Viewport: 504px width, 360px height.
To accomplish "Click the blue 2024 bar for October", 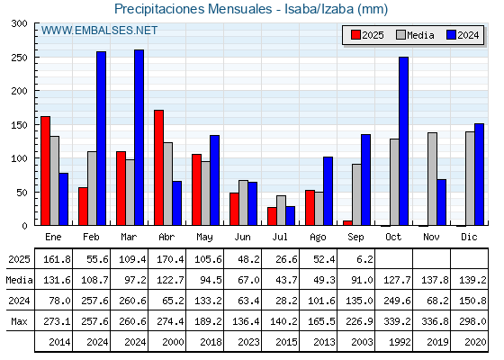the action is click(403, 141).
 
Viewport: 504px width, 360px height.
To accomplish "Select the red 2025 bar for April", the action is click(158, 167).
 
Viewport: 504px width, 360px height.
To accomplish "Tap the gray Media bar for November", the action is click(432, 179).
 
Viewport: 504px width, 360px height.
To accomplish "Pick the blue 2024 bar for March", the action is click(139, 138).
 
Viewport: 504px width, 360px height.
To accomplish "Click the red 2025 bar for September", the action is click(347, 223).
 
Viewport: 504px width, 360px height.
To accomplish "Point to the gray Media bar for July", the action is click(281, 211).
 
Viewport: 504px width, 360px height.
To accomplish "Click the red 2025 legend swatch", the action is click(355, 35).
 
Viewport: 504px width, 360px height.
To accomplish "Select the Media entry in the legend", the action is click(415, 35).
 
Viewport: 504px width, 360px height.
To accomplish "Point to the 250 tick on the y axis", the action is click(36, 58).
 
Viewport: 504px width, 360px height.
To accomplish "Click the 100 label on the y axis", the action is click(19, 158).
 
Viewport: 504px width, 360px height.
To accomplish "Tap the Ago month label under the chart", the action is click(318, 238).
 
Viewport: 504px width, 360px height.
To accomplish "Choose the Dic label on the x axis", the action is click(469, 237).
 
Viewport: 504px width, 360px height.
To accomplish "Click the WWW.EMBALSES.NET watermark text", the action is click(99, 31).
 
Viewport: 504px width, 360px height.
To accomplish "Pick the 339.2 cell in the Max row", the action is click(397, 321).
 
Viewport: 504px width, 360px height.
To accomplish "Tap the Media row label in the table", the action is click(19, 280).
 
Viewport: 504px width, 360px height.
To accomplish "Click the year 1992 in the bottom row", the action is click(400, 342).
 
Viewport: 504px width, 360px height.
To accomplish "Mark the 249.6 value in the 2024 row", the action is click(397, 301).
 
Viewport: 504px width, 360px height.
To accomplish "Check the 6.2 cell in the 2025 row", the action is click(364, 259).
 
